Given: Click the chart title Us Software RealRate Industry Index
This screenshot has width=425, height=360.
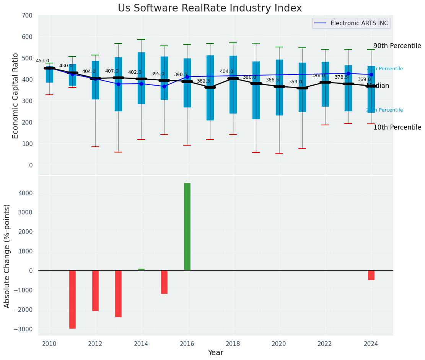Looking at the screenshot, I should [x=210, y=8].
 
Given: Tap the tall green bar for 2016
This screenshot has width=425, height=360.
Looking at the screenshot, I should [x=187, y=227].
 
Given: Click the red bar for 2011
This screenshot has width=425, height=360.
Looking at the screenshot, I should [x=72, y=299].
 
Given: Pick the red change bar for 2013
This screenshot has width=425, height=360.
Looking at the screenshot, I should [x=118, y=294].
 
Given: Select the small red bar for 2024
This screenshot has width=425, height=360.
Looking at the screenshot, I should [x=371, y=275].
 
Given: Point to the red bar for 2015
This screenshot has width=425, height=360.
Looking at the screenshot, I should [x=164, y=282].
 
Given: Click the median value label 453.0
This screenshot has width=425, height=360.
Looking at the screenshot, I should [x=42, y=61].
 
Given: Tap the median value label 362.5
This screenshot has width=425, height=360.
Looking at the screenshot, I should [x=204, y=81].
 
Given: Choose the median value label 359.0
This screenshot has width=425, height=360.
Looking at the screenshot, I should [x=295, y=82].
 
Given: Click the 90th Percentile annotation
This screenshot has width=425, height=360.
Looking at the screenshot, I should [x=397, y=46].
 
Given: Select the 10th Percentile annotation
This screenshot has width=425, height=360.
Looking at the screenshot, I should [x=397, y=127].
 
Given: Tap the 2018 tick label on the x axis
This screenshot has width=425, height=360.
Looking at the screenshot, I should [x=233, y=344].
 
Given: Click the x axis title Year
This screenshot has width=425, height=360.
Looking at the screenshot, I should [x=215, y=353].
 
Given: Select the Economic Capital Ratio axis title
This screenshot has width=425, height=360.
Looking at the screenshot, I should [x=16, y=96].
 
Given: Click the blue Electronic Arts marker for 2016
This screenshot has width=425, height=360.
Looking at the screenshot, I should [x=187, y=77].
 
